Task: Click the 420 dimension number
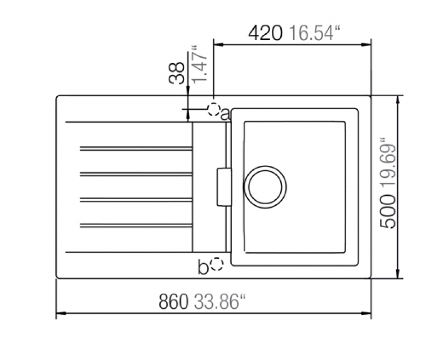click(266, 33)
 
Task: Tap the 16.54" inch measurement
click(315, 33)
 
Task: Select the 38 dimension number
click(177, 73)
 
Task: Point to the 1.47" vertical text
click(199, 64)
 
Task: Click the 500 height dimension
click(388, 211)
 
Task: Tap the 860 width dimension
click(173, 301)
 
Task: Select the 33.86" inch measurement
click(219, 301)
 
